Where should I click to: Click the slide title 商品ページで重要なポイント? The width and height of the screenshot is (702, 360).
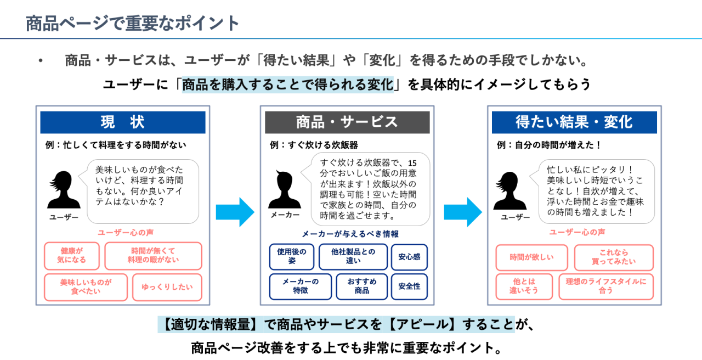[133, 23]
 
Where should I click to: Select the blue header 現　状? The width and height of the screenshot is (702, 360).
[122, 122]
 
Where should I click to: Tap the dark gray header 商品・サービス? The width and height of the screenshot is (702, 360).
[347, 122]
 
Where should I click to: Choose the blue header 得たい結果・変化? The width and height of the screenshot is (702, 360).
[574, 122]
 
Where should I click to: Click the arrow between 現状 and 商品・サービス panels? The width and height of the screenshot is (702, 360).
[235, 212]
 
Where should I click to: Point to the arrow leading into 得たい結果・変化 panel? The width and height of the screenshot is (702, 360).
[463, 212]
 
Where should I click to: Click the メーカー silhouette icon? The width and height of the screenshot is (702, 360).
[285, 189]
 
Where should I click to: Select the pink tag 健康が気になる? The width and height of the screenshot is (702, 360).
[72, 256]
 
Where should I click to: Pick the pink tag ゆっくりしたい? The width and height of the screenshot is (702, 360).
[167, 287]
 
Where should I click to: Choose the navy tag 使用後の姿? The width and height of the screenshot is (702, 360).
[292, 257]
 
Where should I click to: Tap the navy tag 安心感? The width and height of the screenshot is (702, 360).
[409, 257]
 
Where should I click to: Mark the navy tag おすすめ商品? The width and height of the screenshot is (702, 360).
[362, 286]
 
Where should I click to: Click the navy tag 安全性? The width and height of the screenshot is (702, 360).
[409, 286]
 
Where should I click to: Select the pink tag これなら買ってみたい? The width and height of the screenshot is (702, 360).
[614, 257]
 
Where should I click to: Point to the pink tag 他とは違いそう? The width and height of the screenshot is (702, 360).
[524, 286]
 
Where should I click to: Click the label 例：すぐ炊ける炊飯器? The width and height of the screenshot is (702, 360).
[314, 145]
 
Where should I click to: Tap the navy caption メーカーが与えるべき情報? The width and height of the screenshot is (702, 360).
[350, 234]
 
